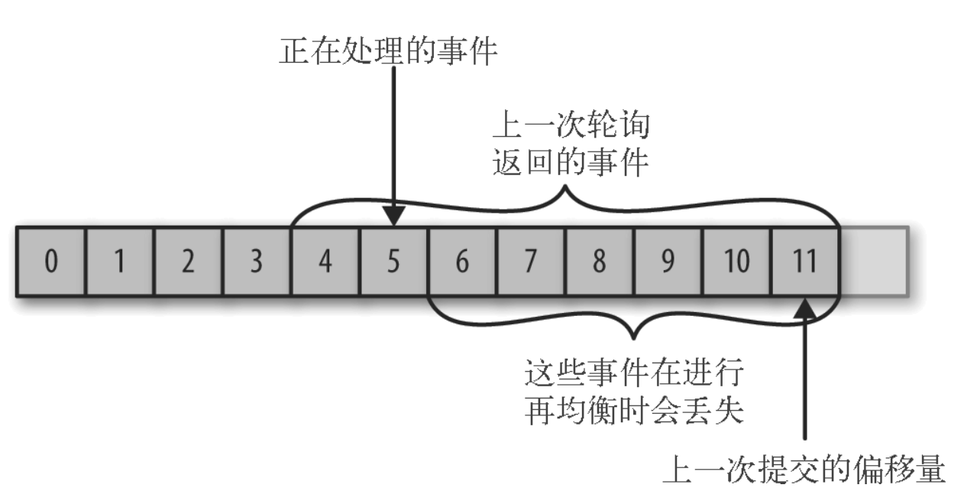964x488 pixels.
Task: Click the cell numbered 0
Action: coord(50,262)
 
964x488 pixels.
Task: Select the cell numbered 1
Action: coord(118,262)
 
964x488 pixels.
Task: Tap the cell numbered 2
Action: coord(187,262)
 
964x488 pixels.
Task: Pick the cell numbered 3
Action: coord(256,262)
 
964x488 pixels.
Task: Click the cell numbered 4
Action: coord(325,262)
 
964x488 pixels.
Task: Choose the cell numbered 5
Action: coord(393,262)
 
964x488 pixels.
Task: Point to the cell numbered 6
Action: coord(462,262)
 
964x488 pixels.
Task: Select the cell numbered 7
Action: coord(531,262)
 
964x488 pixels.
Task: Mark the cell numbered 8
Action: coord(600,262)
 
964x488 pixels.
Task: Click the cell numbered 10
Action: coord(736,262)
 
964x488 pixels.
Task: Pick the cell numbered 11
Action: coord(805,262)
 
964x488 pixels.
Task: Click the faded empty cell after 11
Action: coord(874,262)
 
